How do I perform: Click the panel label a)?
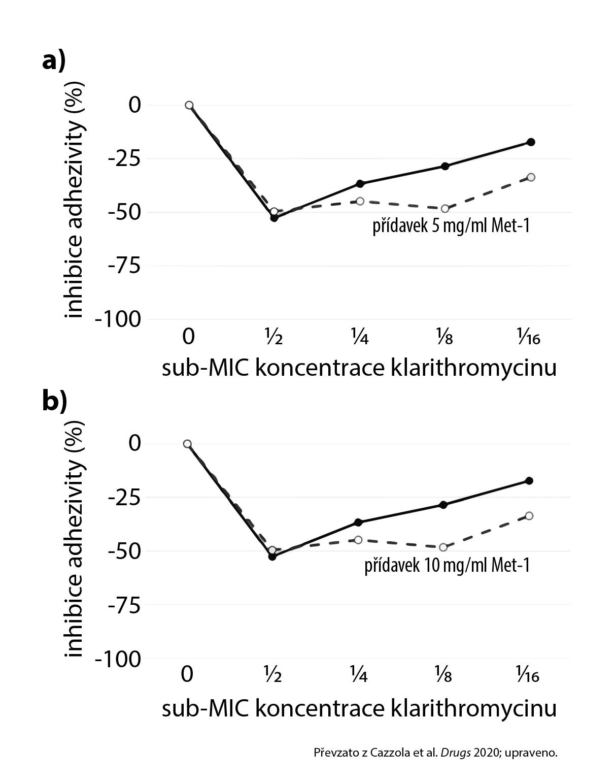[54, 62]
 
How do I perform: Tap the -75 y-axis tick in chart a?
[121, 266]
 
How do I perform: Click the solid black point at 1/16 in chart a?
[531, 142]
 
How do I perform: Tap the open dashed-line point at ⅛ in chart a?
[445, 209]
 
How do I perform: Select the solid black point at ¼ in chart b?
[358, 523]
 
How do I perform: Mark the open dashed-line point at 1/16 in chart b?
[529, 516]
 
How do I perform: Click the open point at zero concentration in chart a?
[189, 105]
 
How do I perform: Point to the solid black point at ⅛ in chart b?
[443, 505]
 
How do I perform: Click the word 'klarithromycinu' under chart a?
[474, 368]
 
